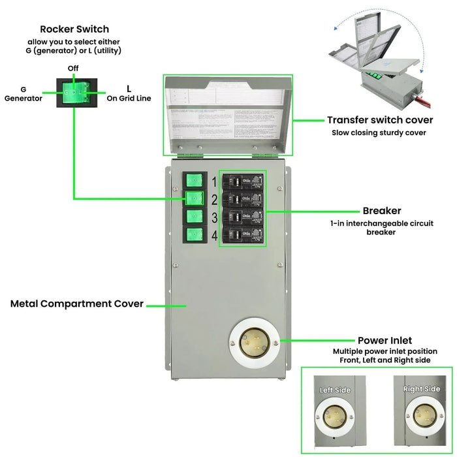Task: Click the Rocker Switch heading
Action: click(x=74, y=29)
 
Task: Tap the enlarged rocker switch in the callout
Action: click(x=74, y=94)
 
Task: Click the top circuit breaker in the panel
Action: click(x=244, y=181)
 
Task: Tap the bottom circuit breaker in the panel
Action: click(x=244, y=234)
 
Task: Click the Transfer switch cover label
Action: click(x=379, y=120)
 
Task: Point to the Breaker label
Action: click(x=381, y=211)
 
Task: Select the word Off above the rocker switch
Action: click(x=74, y=69)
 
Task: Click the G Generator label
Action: click(x=24, y=94)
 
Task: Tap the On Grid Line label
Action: click(x=129, y=94)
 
